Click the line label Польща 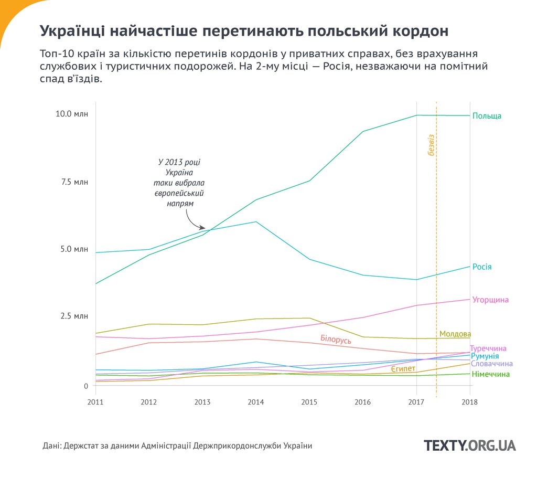click(x=487, y=116)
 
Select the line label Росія click(x=482, y=267)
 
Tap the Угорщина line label click(x=490, y=300)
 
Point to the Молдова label click(x=455, y=334)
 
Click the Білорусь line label click(x=336, y=340)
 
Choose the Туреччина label click(x=488, y=348)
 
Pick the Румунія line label click(x=485, y=356)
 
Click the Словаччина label click(x=491, y=364)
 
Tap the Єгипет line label click(x=403, y=370)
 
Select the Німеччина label click(x=490, y=375)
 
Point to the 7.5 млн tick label click(x=74, y=182)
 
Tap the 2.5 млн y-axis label click(x=74, y=316)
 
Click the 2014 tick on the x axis click(x=256, y=402)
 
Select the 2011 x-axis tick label click(x=95, y=402)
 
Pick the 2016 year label click(x=363, y=402)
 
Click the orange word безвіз click(x=431, y=147)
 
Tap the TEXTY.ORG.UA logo click(x=469, y=446)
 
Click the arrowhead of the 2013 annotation click(x=203, y=228)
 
